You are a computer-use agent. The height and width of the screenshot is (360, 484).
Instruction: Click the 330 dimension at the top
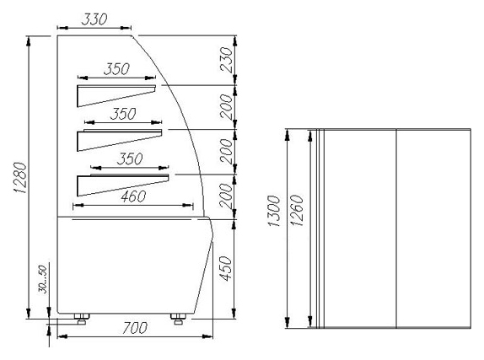click(94, 19)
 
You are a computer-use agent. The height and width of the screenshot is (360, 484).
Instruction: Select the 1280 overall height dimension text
click(21, 178)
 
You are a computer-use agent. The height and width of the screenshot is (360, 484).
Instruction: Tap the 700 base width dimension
click(135, 328)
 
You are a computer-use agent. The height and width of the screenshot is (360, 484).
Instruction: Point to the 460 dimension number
click(133, 196)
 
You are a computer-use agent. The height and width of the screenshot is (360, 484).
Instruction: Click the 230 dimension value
click(226, 60)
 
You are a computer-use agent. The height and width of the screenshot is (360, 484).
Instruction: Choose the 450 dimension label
click(226, 269)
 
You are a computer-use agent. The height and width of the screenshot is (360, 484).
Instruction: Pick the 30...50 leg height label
click(43, 279)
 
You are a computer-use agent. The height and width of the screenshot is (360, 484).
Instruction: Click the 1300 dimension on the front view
click(274, 211)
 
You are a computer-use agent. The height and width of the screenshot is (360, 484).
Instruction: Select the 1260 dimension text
click(298, 211)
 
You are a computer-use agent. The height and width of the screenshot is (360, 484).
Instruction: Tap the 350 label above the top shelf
click(116, 69)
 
